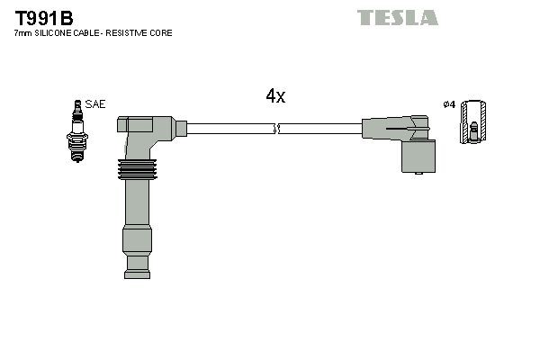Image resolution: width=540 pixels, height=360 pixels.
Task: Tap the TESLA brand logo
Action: (x=397, y=17)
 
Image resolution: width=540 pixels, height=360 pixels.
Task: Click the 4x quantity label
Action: (x=275, y=96)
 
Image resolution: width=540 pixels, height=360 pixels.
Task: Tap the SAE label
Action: (x=96, y=104)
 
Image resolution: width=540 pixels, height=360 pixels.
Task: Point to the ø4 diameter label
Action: (x=449, y=104)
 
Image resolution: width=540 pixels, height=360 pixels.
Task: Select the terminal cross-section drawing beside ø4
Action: (x=473, y=122)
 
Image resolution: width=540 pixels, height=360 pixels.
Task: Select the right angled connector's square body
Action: (x=420, y=155)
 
